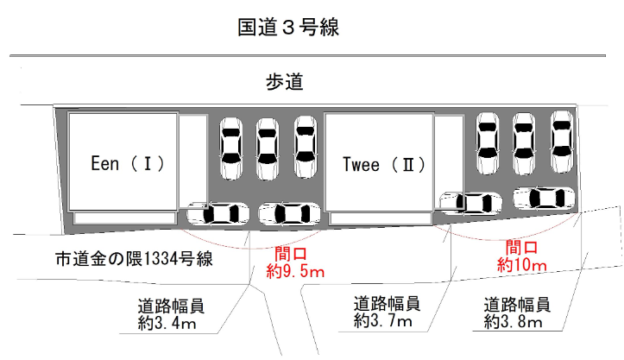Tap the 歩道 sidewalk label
284,83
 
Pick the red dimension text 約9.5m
294,272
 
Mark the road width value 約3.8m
516,322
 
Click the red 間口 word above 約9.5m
291,256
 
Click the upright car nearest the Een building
231,148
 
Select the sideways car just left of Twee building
290,212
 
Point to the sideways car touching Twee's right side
469,202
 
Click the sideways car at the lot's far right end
544,198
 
